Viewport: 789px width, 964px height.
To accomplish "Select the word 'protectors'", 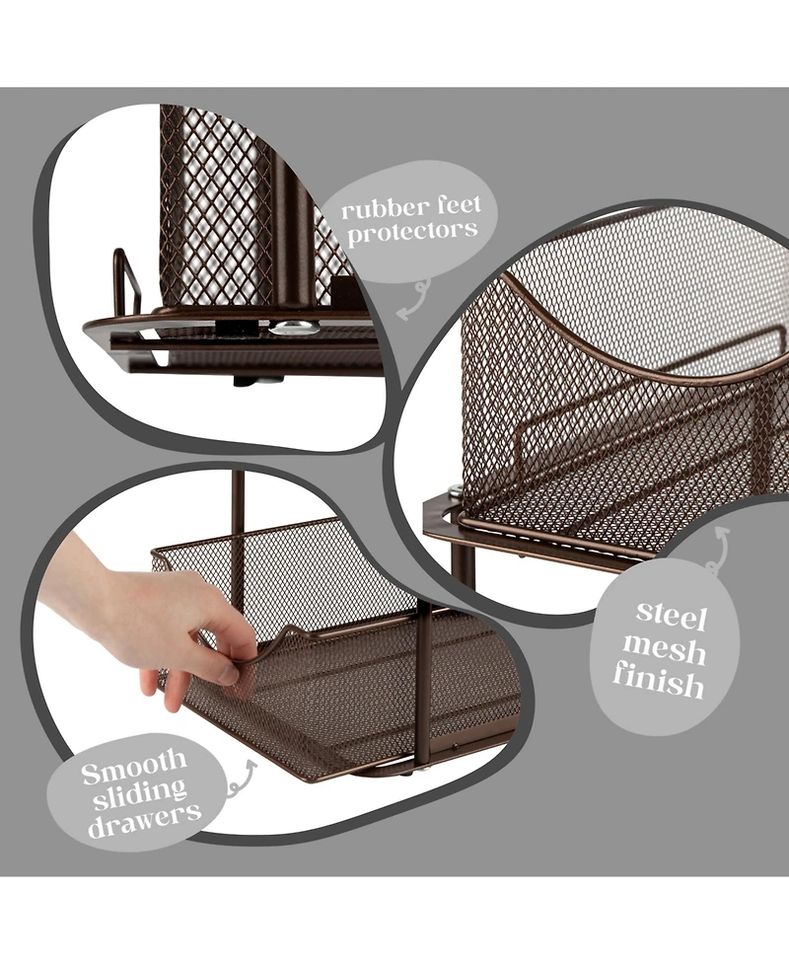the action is (412, 232).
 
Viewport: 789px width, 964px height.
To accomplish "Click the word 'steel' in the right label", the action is (671, 616).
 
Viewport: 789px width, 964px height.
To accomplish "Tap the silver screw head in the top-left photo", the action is (294, 328).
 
